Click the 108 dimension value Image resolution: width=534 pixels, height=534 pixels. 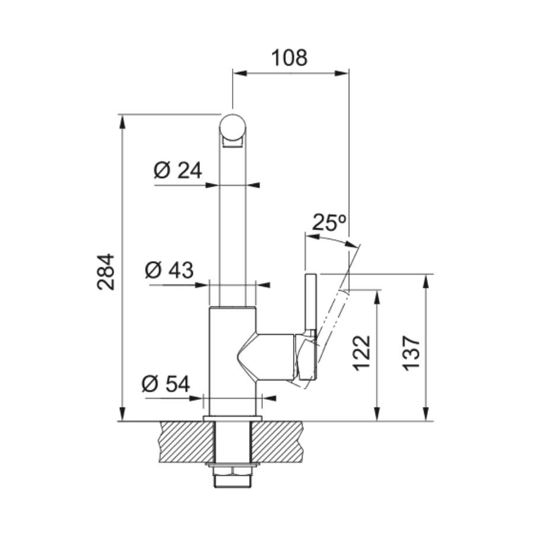coord(289,58)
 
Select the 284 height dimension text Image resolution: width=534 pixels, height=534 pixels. coord(106,271)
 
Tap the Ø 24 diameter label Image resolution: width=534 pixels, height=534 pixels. coord(178,170)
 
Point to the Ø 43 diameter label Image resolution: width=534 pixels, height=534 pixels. coord(169,270)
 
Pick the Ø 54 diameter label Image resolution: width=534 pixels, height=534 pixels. coord(166,384)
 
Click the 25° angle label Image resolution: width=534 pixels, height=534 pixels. coord(329,222)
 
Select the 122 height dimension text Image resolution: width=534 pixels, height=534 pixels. coord(361,353)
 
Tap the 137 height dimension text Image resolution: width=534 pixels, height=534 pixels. coord(411,353)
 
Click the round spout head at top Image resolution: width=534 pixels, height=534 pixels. coord(232,127)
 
